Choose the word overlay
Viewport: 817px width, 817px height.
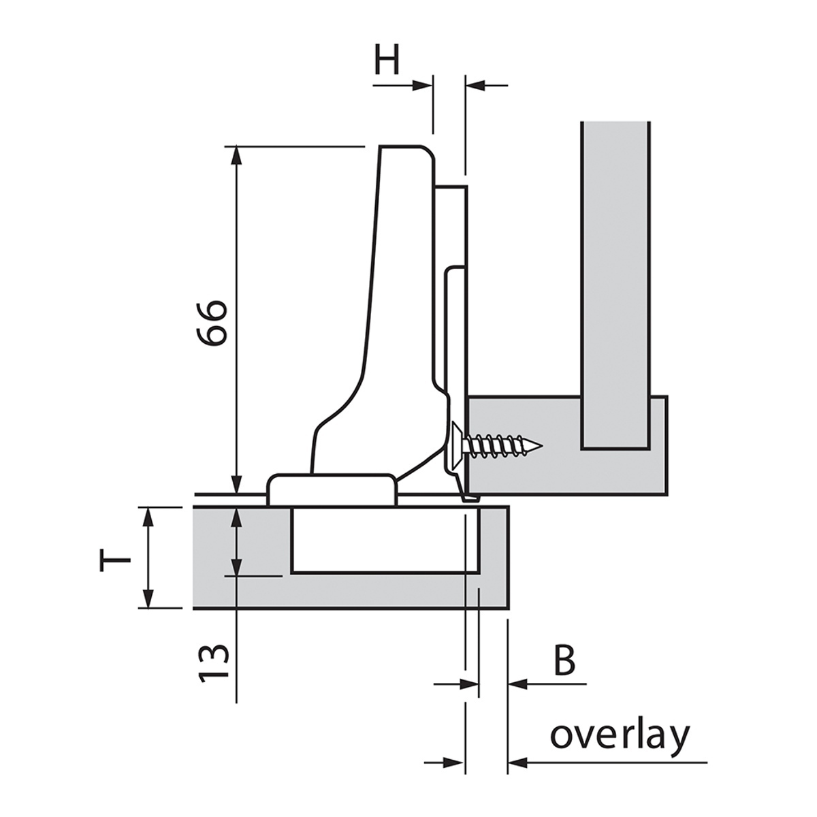pyautogui.click(x=620, y=736)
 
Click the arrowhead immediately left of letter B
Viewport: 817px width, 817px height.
pyautogui.click(x=517, y=683)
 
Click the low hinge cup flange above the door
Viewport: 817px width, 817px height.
pyautogui.click(x=332, y=489)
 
